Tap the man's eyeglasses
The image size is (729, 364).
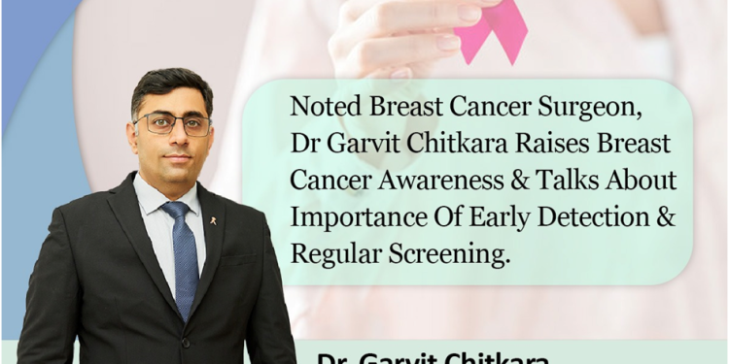click(174, 124)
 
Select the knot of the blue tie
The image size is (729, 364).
click(178, 212)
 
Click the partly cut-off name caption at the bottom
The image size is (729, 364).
click(433, 356)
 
